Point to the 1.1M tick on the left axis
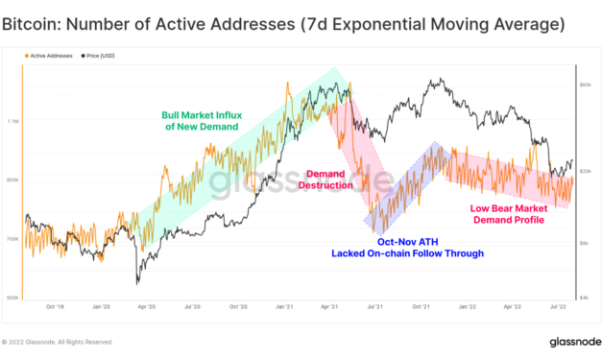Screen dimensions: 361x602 click(13, 122)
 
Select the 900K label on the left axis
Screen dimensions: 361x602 click(13, 180)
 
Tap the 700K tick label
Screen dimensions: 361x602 click(13, 239)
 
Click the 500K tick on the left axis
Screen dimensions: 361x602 click(13, 298)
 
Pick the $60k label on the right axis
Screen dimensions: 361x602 click(585, 85)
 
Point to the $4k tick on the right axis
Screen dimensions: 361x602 click(585, 298)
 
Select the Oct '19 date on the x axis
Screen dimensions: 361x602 click(56, 308)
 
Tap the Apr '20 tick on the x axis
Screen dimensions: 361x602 click(148, 308)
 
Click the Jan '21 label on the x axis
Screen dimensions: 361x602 click(284, 308)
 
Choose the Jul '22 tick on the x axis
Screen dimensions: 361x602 click(556, 308)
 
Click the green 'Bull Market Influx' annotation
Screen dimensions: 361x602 click(203, 120)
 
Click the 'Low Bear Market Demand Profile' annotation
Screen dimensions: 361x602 click(508, 213)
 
